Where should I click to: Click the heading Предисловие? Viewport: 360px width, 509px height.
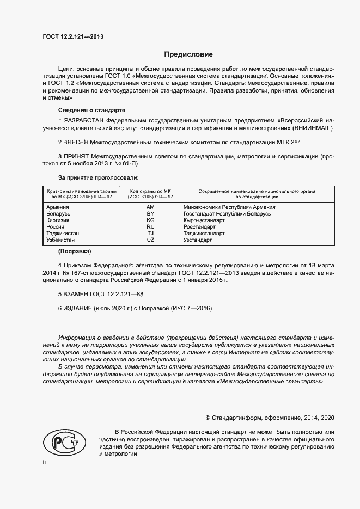pyautogui.click(x=188, y=54)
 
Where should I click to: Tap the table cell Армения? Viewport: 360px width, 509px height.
pyautogui.click(x=58, y=207)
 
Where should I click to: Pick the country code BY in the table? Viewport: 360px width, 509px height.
pyautogui.click(x=151, y=214)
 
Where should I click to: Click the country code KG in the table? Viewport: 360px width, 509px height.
pyautogui.click(x=151, y=220)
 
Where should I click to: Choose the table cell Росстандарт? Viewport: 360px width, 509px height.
pyautogui.click(x=200, y=226)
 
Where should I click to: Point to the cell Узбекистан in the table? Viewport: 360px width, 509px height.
pyautogui.click(x=62, y=240)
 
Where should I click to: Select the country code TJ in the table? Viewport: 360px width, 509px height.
pyautogui.click(x=151, y=233)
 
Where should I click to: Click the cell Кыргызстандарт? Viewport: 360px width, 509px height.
pyautogui.click(x=204, y=220)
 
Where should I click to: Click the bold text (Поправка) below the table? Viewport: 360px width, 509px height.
pyautogui.click(x=75, y=252)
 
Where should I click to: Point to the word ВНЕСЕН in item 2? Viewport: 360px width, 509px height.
pyautogui.click(x=76, y=142)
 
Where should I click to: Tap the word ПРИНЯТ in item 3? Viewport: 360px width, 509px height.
pyautogui.click(x=76, y=157)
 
